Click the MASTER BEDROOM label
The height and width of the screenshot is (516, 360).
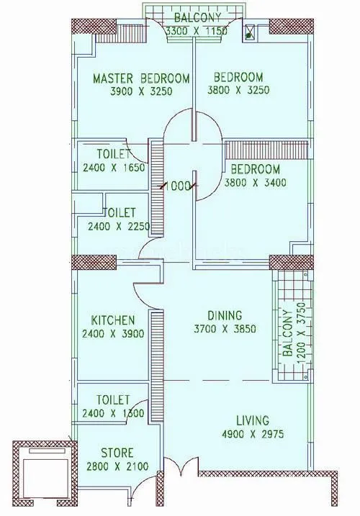(x=141, y=78)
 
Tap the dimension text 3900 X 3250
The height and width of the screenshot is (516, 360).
(x=141, y=91)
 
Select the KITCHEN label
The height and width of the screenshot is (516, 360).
(x=112, y=320)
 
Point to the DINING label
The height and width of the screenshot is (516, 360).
(x=225, y=316)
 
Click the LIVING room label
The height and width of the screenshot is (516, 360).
(x=251, y=420)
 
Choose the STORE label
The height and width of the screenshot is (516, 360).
(x=116, y=453)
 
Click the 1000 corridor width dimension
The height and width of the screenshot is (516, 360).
(x=179, y=186)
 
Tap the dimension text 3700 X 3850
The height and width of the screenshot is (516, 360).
(x=225, y=330)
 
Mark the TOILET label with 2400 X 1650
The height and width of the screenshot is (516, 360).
(x=114, y=155)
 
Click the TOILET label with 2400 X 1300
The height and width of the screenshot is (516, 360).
(x=112, y=399)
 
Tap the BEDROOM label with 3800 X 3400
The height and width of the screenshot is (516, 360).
(x=256, y=169)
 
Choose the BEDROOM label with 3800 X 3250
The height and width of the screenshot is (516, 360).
(x=238, y=78)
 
